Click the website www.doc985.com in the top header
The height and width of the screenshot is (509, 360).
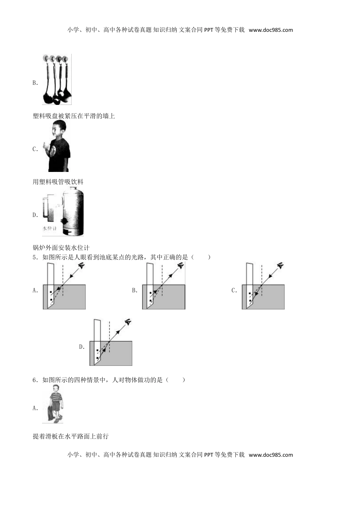(x=271, y=30)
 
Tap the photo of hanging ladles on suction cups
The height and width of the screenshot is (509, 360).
(x=57, y=79)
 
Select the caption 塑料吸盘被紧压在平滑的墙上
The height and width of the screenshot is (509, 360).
(x=74, y=116)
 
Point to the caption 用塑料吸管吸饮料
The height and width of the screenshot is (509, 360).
(x=58, y=182)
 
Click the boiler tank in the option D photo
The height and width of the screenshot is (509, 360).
(x=73, y=211)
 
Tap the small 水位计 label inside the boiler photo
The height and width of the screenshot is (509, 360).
(x=49, y=228)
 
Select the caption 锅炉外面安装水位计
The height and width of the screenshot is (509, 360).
(x=61, y=247)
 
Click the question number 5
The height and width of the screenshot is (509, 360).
(x=35, y=257)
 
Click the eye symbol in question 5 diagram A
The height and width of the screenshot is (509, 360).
(x=81, y=265)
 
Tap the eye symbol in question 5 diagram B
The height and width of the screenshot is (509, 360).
(x=181, y=265)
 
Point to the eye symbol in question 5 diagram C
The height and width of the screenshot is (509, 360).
(x=280, y=265)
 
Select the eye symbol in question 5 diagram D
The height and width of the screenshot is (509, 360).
(x=128, y=322)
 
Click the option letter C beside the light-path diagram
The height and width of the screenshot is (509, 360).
(x=234, y=290)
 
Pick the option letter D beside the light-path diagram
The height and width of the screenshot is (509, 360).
(x=82, y=347)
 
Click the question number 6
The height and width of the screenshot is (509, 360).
(x=35, y=380)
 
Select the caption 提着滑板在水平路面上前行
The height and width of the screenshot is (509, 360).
(x=71, y=437)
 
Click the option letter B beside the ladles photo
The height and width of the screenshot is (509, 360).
(x=35, y=83)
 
